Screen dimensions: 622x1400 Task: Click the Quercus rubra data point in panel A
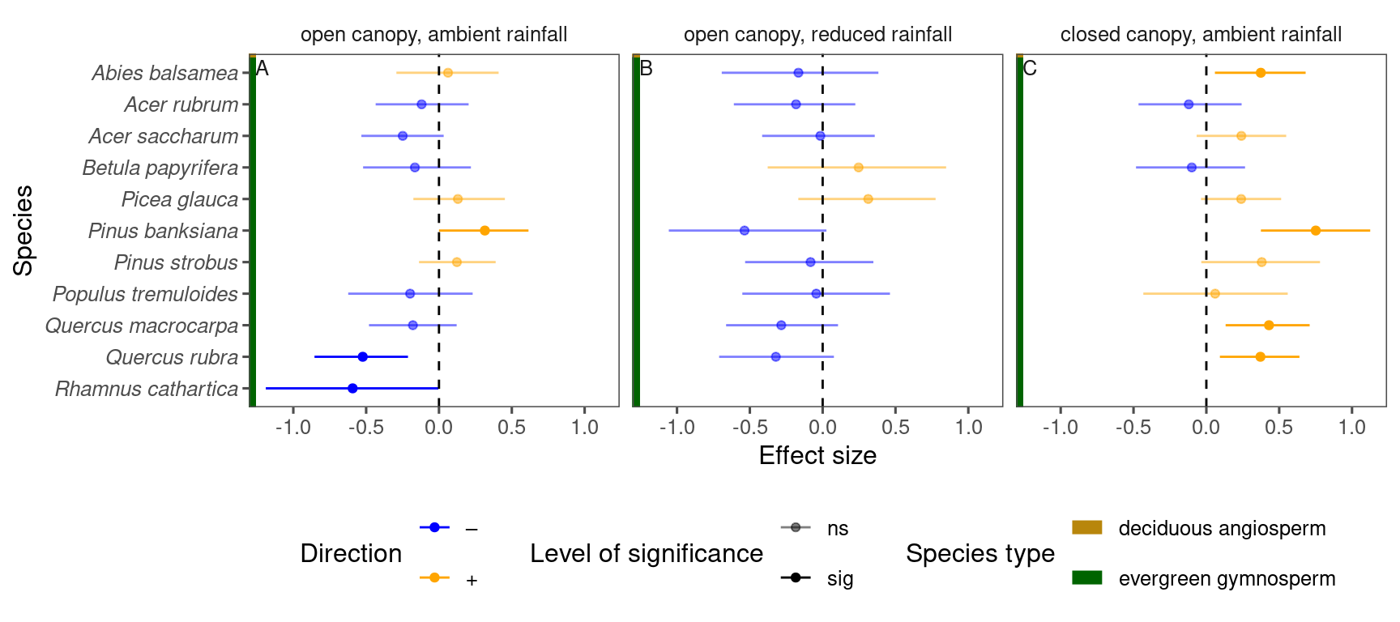pyautogui.click(x=363, y=357)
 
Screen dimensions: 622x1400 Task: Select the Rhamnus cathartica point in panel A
pyautogui.click(x=352, y=389)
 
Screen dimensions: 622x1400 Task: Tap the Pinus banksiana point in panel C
pyautogui.click(x=1316, y=231)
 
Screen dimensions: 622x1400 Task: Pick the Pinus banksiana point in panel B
pyautogui.click(x=745, y=231)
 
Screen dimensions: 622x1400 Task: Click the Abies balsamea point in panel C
pyautogui.click(x=1261, y=73)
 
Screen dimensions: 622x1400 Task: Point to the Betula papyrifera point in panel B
pyautogui.click(x=859, y=168)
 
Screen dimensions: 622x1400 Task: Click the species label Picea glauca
pyautogui.click(x=180, y=199)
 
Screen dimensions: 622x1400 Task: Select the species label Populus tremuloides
pyautogui.click(x=146, y=294)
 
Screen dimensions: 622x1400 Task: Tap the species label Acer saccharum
pyautogui.click(x=164, y=136)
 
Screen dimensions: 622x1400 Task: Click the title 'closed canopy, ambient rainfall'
pyautogui.click(x=1201, y=35)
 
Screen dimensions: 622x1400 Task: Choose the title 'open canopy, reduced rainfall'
pyautogui.click(x=817, y=35)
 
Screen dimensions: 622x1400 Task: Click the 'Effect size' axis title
pyautogui.click(x=817, y=456)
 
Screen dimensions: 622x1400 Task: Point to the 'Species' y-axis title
pyautogui.click(x=23, y=231)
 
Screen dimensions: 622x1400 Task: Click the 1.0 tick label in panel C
pyautogui.click(x=1352, y=427)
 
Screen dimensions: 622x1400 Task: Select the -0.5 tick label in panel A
pyautogui.click(x=365, y=427)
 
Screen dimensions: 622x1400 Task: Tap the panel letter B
pyautogui.click(x=646, y=69)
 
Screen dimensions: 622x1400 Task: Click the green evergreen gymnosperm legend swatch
pyautogui.click(x=1086, y=577)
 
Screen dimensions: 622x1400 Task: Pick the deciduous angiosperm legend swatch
pyautogui.click(x=1086, y=527)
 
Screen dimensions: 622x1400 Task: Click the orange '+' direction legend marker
pyautogui.click(x=434, y=577)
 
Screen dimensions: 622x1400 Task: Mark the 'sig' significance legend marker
pyautogui.click(x=796, y=577)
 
